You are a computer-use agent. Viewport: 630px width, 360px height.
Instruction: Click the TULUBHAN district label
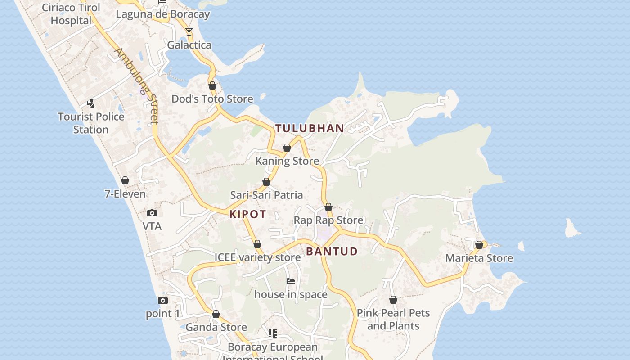(310, 128)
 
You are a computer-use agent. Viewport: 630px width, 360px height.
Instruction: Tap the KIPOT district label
(248, 214)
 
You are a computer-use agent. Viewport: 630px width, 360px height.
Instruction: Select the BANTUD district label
(332, 252)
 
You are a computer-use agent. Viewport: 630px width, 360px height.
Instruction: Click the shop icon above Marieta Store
(479, 245)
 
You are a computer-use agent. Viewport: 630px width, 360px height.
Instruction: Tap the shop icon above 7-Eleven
(125, 180)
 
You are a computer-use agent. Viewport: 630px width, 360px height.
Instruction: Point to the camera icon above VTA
(152, 213)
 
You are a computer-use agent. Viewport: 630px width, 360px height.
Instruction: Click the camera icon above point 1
(163, 300)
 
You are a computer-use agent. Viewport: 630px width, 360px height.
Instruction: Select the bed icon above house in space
(291, 281)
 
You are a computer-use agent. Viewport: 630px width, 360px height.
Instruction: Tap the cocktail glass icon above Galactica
(189, 32)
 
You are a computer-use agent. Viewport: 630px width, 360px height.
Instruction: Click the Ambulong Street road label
(137, 85)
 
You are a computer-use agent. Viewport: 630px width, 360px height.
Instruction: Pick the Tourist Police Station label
(91, 123)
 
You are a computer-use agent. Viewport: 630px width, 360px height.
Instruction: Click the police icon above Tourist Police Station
(91, 103)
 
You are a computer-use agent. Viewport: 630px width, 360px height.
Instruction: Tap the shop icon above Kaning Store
(287, 148)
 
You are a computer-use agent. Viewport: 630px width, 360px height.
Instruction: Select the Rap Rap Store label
(328, 220)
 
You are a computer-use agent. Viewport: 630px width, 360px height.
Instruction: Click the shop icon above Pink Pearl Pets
(393, 300)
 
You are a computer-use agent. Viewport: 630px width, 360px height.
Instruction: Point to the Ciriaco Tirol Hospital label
(71, 14)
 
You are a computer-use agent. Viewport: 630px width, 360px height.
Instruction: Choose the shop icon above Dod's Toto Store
(212, 85)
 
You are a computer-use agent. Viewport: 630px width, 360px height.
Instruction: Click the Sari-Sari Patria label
(266, 195)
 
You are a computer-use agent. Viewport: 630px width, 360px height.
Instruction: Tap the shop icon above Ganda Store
(216, 314)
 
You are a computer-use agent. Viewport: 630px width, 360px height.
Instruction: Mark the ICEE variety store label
(257, 257)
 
